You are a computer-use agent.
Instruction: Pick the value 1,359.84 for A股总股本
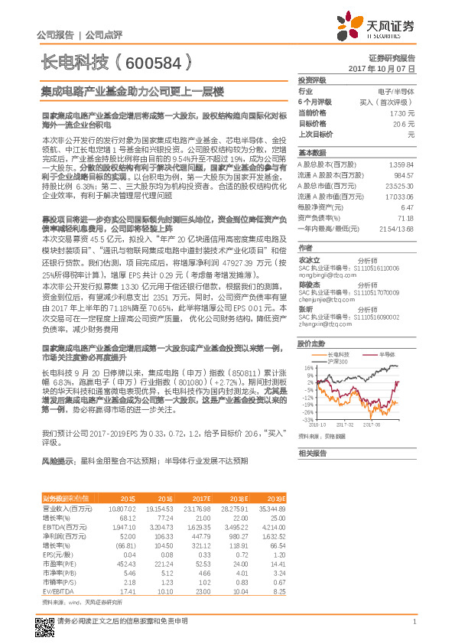pyautogui.click(x=401, y=164)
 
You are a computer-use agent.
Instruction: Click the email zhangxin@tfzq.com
pyautogui.click(x=320, y=323)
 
